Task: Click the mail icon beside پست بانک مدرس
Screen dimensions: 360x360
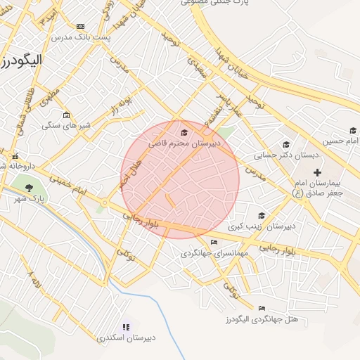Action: click(80, 26)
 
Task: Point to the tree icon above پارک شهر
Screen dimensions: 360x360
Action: click(29, 187)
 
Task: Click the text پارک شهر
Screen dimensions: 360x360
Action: click(29, 199)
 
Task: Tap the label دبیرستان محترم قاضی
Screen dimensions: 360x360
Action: click(184, 143)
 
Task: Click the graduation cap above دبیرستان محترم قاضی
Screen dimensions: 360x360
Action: click(184, 132)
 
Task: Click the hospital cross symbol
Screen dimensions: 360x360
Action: click(317, 172)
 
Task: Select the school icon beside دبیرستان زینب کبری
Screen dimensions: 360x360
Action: click(262, 216)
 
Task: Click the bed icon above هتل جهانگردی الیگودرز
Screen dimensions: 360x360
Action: click(262, 308)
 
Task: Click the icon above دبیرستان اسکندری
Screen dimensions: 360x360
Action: click(127, 327)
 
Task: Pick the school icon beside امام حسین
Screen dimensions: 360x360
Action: click(353, 130)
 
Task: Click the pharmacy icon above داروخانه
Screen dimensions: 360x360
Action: click(14, 156)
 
